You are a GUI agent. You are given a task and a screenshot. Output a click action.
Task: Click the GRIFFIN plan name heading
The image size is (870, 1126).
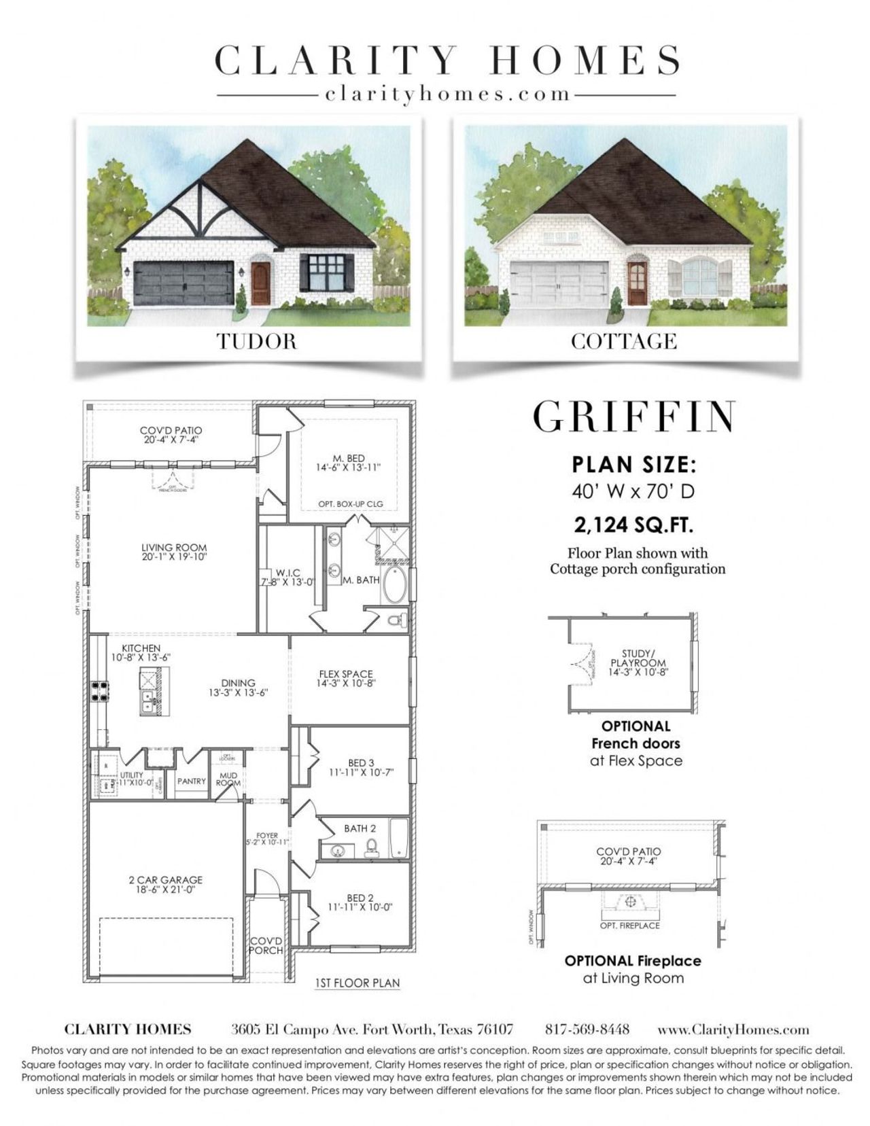pos(634,417)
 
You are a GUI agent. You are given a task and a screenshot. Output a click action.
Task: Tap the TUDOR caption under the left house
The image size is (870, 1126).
pos(257,340)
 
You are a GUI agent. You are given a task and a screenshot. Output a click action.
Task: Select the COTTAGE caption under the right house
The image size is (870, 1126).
pos(624,340)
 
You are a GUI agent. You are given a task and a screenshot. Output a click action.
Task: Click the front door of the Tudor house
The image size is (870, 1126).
pos(260,283)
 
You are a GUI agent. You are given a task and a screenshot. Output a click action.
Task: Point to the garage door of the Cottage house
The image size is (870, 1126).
pos(559,283)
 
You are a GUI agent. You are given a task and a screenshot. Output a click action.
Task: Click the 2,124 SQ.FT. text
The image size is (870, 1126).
pos(633,525)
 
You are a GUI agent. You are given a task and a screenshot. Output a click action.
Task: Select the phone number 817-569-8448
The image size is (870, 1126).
pos(587,1029)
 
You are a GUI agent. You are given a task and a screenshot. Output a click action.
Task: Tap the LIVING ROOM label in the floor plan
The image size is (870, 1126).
pos(174,548)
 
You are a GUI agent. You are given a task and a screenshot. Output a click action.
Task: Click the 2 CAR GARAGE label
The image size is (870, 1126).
pos(165,880)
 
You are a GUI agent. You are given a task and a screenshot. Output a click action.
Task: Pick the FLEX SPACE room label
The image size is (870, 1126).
pos(346,674)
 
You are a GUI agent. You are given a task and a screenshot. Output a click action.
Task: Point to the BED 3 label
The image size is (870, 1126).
pos(361,763)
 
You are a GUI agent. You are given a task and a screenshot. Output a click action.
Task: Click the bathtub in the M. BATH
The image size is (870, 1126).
pos(394,585)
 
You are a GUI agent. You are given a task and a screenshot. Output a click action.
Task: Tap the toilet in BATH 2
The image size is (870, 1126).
pos(372,846)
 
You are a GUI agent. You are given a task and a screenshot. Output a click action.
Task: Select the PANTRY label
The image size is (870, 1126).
pos(191,781)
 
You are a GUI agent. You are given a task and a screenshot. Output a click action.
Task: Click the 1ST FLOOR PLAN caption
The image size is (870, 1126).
pos(358,983)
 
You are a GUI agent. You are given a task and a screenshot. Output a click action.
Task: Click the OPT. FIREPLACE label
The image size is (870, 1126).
pos(629,926)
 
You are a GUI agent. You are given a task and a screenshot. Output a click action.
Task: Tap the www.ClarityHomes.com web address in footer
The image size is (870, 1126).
pos(733,1029)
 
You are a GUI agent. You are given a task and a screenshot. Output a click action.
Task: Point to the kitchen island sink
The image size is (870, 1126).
pos(147,697)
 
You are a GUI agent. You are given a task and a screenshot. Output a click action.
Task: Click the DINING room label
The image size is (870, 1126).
pos(238,683)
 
